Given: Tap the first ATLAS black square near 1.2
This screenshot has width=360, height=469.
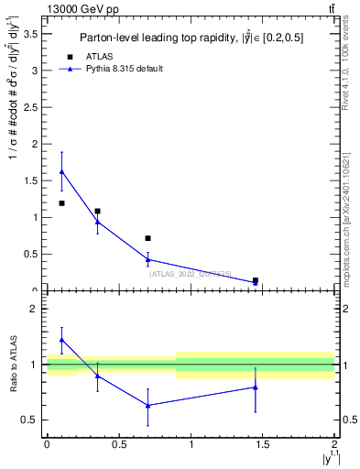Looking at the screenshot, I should [61, 203].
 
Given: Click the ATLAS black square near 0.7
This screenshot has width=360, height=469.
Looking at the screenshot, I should [147, 238].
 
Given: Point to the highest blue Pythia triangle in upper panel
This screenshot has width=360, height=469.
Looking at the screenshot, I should [61, 171].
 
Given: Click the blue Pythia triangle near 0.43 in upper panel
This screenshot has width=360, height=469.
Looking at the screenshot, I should [147, 259].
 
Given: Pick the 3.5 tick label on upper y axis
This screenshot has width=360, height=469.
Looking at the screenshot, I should [30, 33].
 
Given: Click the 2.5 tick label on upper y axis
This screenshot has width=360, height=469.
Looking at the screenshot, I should [30, 106].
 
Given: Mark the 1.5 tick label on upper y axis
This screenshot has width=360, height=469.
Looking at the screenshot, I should [30, 180].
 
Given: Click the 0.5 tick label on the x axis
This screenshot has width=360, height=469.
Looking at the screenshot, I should [118, 443].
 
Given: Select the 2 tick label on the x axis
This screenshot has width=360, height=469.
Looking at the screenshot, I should [334, 443].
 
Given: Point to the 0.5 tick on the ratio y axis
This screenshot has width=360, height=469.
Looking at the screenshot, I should [30, 420].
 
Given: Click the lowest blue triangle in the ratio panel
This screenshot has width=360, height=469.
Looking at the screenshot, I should [147, 405].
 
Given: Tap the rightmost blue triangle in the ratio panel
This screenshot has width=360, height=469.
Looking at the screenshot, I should [256, 387].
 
